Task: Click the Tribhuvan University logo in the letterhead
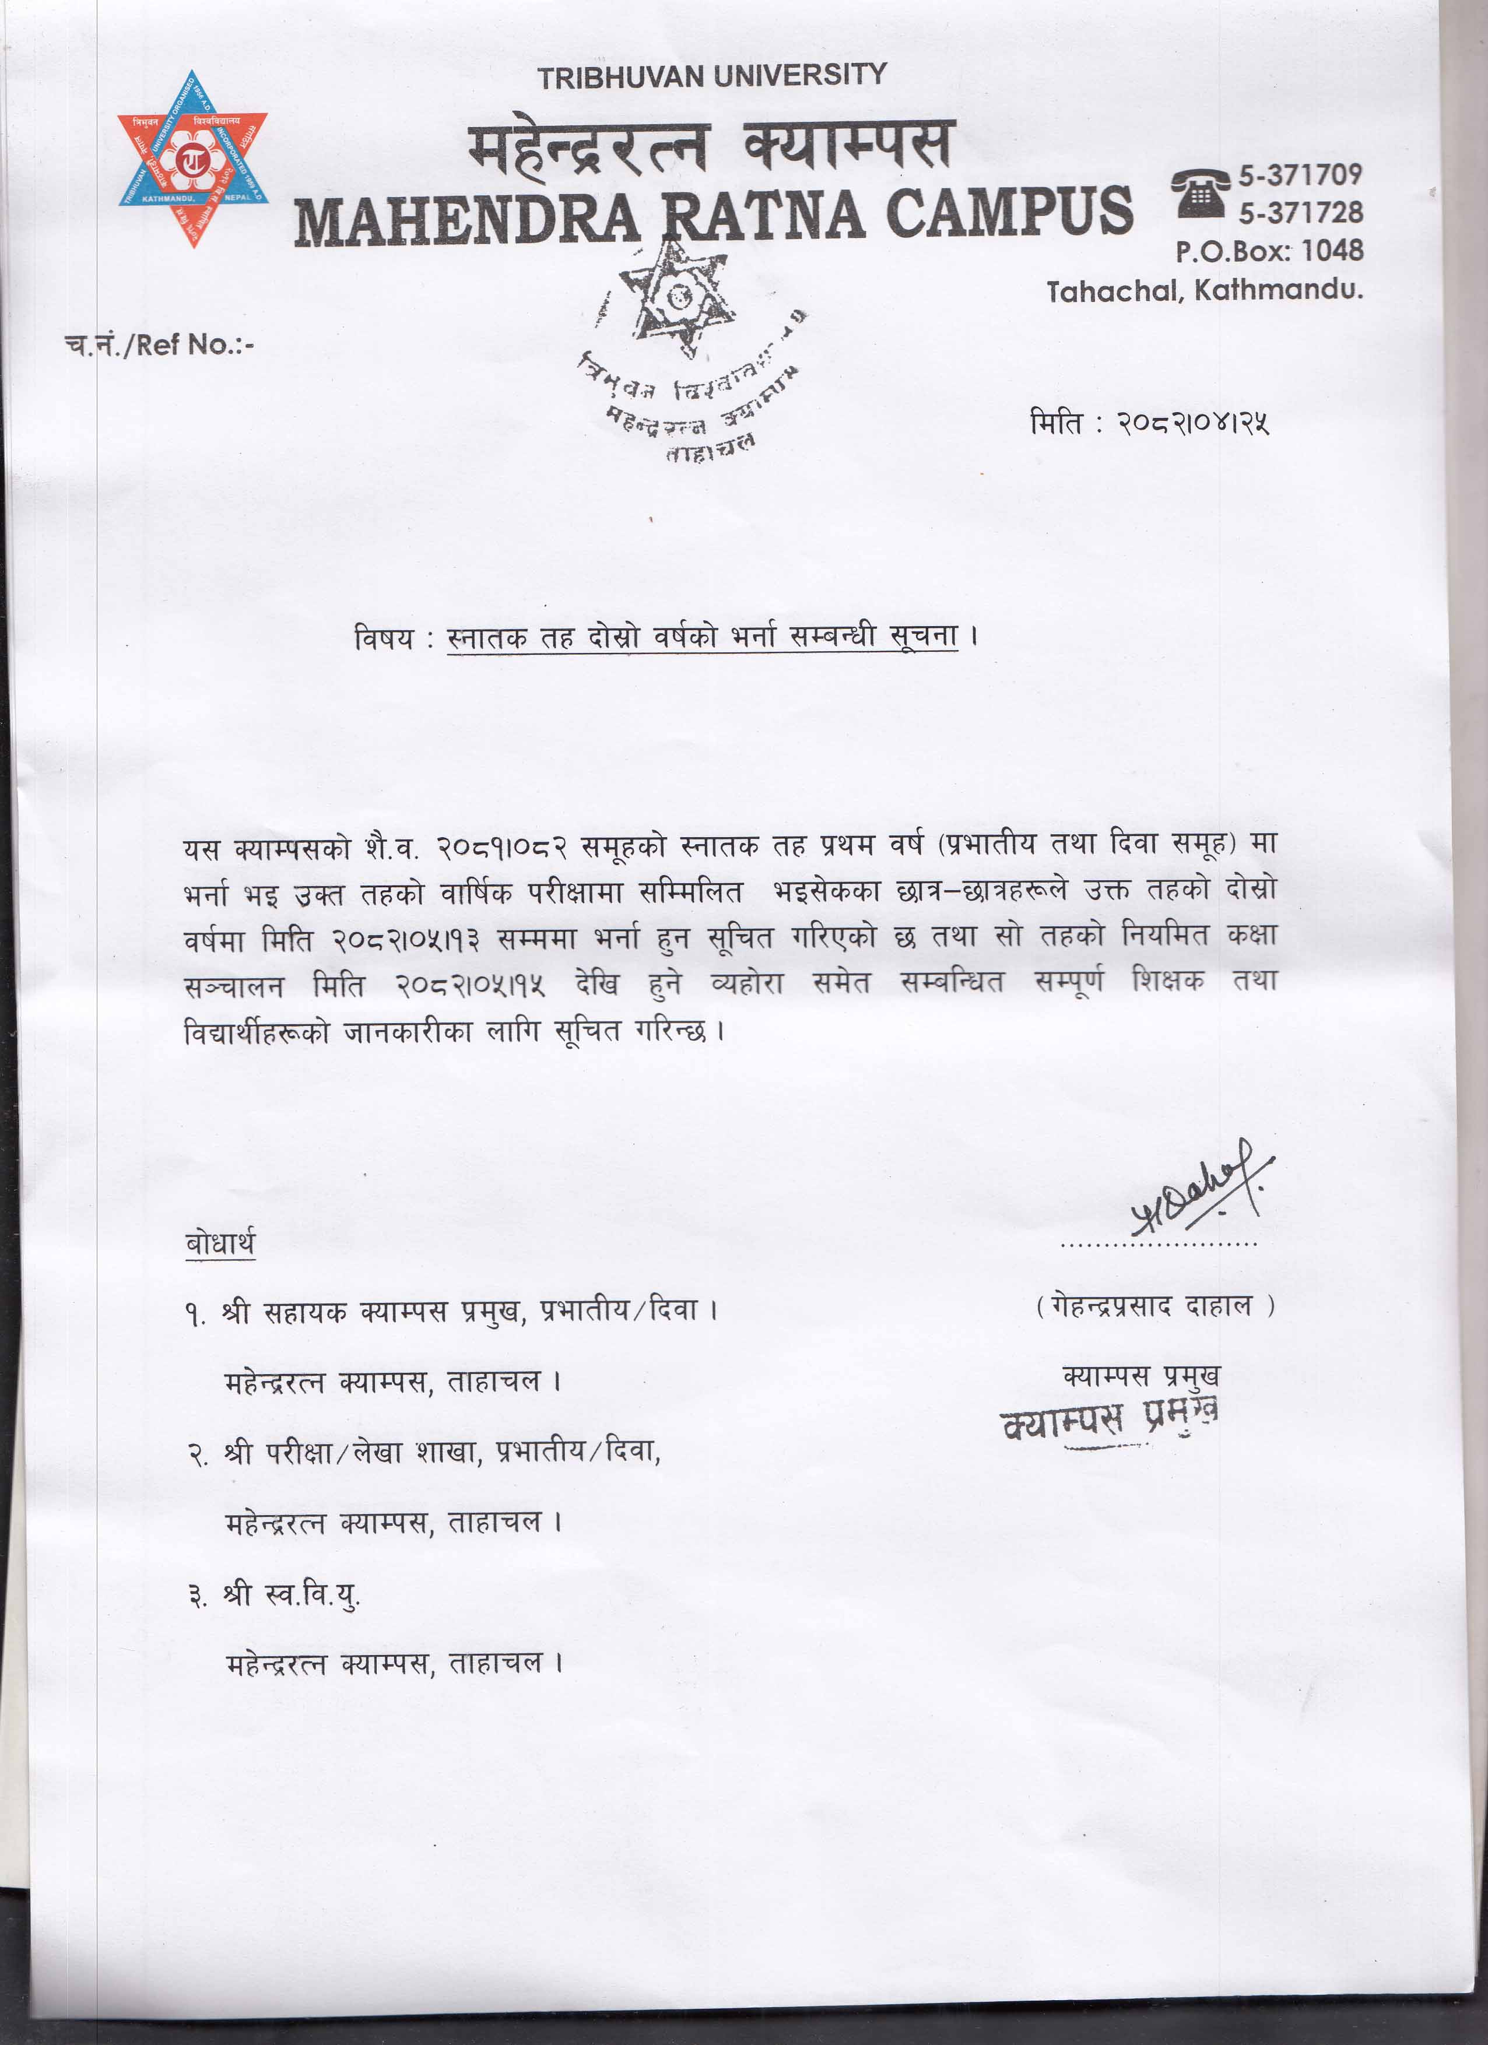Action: click(x=192, y=159)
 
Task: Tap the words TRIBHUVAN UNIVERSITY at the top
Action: click(x=713, y=76)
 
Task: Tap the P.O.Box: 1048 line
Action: click(x=1269, y=251)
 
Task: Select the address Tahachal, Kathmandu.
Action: click(x=1204, y=290)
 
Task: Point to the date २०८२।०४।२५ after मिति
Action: click(x=1192, y=423)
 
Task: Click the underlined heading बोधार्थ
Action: click(x=220, y=1243)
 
